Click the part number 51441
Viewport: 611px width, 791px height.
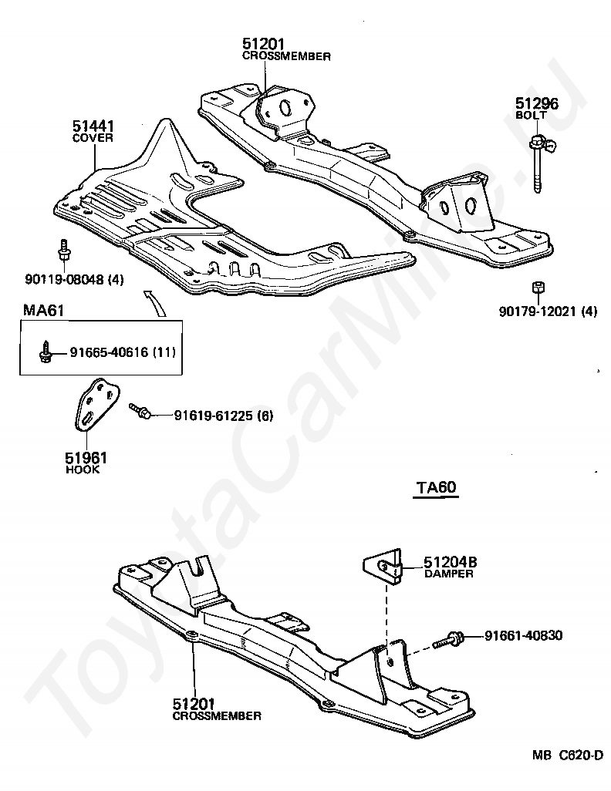pos(93,126)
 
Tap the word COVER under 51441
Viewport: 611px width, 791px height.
pos(93,138)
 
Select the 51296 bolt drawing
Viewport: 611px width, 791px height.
pos(540,163)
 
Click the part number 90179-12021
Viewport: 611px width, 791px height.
pos(537,311)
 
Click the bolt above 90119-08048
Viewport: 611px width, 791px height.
pos(64,250)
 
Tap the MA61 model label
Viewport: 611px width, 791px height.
pos(43,310)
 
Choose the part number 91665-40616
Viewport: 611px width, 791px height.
pos(109,352)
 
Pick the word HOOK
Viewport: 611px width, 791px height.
pos(83,470)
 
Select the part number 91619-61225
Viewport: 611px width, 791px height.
pos(214,416)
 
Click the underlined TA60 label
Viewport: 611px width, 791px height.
pos(437,487)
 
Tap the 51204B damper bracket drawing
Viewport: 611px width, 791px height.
pos(383,567)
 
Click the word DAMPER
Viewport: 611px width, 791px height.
pos(449,574)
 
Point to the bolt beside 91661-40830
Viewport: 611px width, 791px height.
pos(448,640)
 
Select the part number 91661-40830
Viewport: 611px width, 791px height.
pos(524,635)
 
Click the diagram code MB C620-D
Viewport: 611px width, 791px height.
pos(568,769)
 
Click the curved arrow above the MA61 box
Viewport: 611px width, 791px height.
pos(157,301)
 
